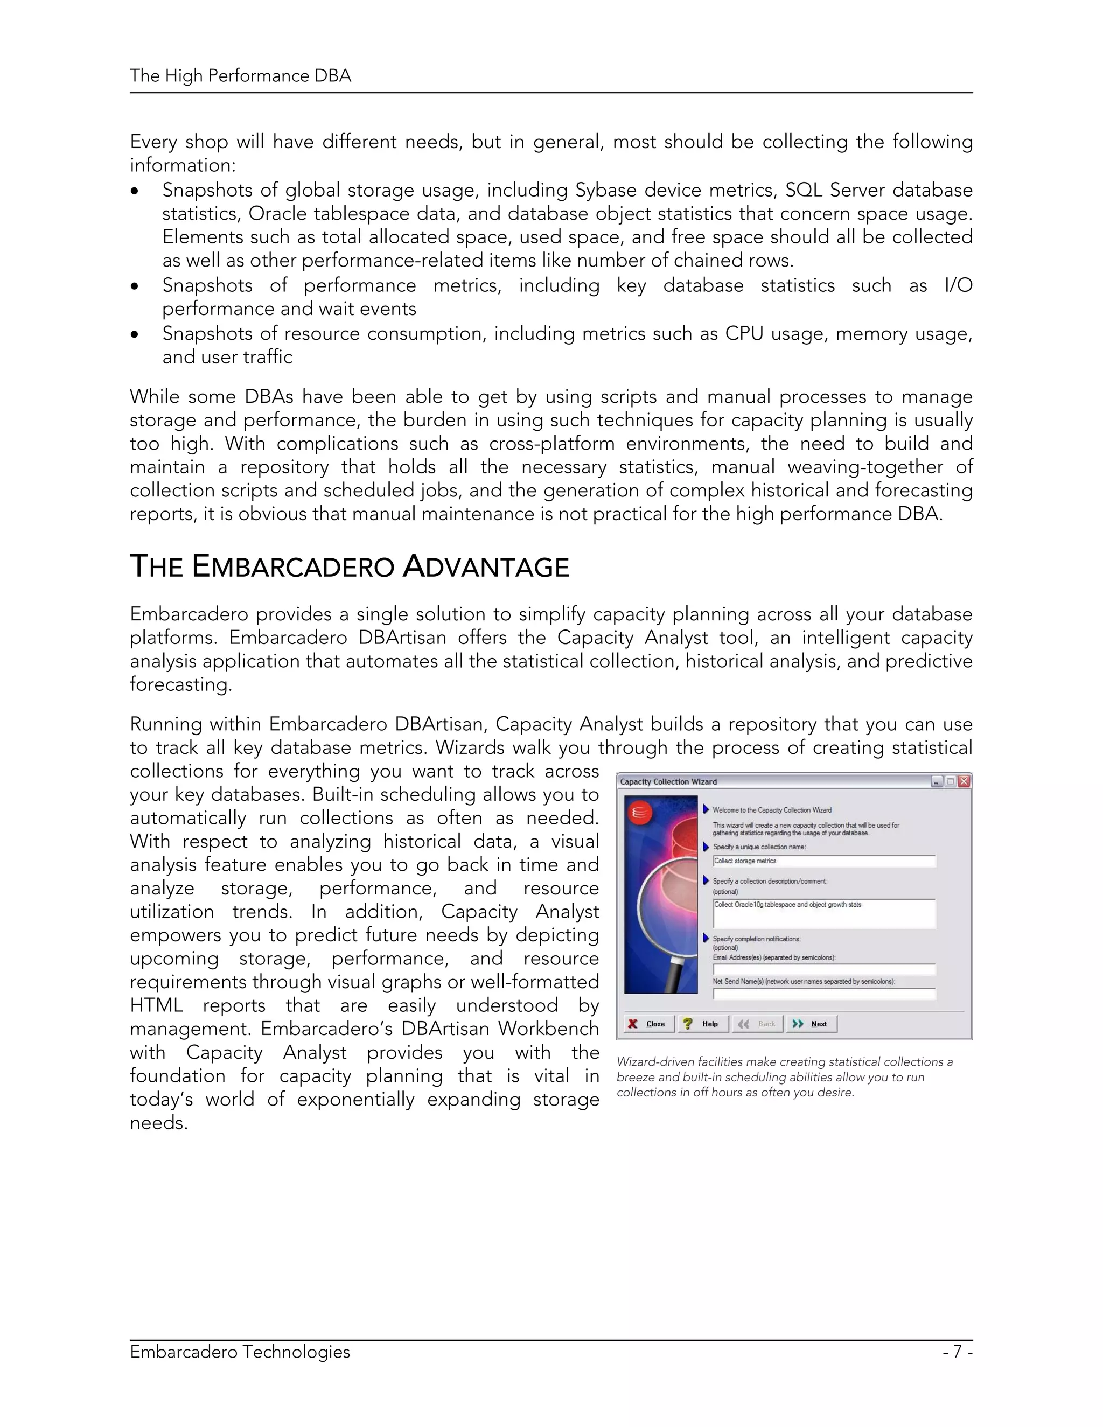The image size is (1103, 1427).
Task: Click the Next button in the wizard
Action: [812, 1024]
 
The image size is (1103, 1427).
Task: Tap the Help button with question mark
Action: [702, 1024]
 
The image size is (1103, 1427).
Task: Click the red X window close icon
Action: [964, 781]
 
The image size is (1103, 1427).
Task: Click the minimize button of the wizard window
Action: [937, 781]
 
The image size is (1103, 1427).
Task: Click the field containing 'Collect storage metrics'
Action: [823, 861]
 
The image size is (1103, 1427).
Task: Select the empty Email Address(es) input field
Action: [823, 970]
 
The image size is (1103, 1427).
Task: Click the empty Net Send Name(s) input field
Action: [823, 994]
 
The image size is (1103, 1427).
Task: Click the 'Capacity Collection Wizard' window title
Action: [668, 781]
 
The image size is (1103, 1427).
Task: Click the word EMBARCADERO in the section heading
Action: [293, 566]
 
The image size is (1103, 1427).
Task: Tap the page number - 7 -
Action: [957, 1351]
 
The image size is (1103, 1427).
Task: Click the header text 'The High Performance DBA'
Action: [240, 76]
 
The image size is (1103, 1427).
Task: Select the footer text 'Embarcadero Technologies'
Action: [240, 1351]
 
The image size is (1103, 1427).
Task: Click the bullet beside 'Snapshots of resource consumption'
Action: [135, 334]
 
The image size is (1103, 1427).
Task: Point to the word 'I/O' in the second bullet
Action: [958, 285]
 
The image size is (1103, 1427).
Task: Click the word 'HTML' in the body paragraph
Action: [156, 1005]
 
